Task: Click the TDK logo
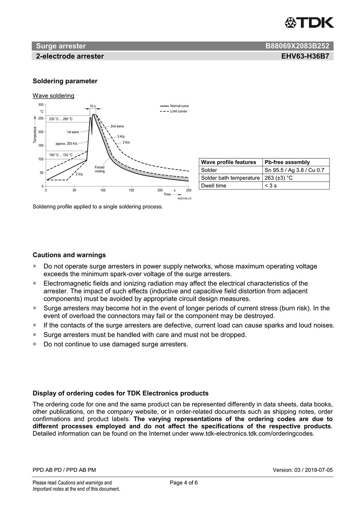click(x=309, y=23)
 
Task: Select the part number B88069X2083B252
click(x=297, y=46)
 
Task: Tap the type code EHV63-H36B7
click(x=305, y=56)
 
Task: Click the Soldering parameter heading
click(x=65, y=81)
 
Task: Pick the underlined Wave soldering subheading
click(x=53, y=96)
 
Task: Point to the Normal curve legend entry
click(x=179, y=106)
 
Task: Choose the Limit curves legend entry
click(x=178, y=111)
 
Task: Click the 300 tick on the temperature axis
click(x=41, y=104)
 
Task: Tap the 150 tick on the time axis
click(x=132, y=191)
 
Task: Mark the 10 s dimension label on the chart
click(x=92, y=106)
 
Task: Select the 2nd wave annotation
click(x=117, y=126)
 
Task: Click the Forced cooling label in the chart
click(x=100, y=169)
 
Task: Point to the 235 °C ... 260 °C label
click(x=61, y=119)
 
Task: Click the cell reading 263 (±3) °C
click(x=279, y=178)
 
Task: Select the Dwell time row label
click(x=214, y=186)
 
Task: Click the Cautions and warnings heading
click(x=69, y=255)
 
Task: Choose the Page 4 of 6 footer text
click(x=184, y=483)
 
